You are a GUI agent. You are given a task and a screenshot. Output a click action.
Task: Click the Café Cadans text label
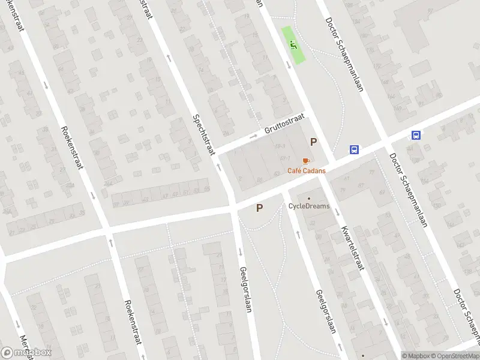(307, 170)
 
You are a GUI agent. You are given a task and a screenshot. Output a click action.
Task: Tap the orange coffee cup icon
(306, 161)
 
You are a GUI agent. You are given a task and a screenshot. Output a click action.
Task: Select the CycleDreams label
(308, 206)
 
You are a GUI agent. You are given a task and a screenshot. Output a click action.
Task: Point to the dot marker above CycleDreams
(309, 198)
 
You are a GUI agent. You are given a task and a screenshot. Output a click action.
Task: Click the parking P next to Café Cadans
(313, 142)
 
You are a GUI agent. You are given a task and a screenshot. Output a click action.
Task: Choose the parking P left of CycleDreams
(259, 208)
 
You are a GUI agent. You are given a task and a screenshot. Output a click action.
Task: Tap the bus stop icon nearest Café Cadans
(355, 150)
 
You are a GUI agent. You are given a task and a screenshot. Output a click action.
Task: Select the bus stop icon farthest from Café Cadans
(416, 136)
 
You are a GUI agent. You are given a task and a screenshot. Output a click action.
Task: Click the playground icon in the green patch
(293, 44)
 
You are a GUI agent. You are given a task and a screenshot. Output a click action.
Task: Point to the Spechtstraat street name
(204, 135)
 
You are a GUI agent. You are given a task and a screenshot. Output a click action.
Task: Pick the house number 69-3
(280, 146)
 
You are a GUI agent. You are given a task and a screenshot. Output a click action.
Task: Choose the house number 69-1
(285, 158)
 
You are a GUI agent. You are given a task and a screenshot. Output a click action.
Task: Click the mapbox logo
(26, 353)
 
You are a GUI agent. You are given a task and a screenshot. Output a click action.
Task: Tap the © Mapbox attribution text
(416, 356)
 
